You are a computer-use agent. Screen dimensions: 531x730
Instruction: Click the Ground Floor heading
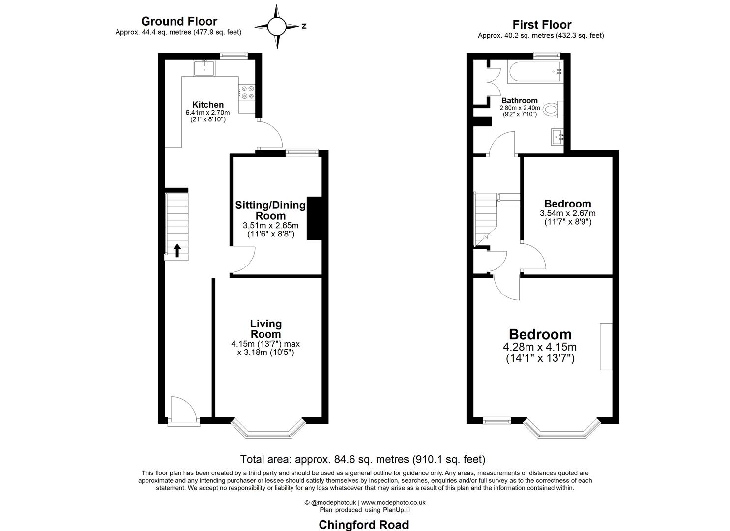point(179,21)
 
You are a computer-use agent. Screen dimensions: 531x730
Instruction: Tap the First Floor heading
point(541,25)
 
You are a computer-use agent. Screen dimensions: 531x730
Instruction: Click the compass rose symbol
point(277,26)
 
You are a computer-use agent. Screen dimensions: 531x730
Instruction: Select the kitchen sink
point(204,68)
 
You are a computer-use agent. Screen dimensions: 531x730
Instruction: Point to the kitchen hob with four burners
point(247,92)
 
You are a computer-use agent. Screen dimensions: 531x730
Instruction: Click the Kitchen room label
point(207,105)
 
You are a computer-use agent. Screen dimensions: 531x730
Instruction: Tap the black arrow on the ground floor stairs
point(177,251)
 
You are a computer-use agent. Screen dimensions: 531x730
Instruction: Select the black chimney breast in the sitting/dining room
point(314,218)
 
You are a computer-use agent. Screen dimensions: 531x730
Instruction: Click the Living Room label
point(266,328)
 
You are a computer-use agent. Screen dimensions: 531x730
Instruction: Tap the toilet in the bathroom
point(554,110)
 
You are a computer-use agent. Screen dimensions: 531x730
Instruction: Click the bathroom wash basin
point(557,136)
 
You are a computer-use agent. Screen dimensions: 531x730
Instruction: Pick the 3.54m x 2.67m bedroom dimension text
point(567,213)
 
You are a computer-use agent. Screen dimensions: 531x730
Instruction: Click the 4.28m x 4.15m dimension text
point(540,347)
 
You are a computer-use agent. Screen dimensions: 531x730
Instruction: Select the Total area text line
point(362,459)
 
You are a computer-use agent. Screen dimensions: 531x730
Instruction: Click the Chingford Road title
point(363,525)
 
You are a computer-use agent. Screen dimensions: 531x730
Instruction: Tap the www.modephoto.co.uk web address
point(393,502)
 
